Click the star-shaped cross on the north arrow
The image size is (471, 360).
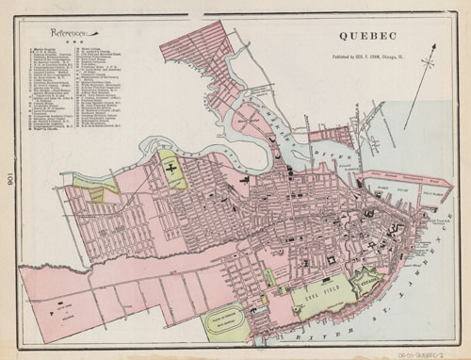(x=429, y=63)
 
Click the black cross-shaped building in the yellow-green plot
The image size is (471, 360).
(x=171, y=168)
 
